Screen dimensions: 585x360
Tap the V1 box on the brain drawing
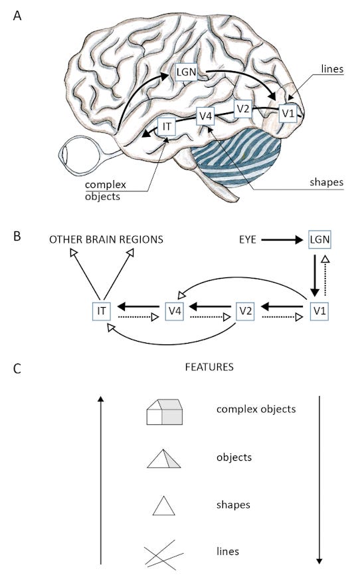click(288, 113)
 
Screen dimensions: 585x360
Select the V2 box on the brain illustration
click(243, 109)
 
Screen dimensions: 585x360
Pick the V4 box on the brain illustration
click(206, 116)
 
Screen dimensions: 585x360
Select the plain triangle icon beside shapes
click(163, 506)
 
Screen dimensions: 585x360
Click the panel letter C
click(17, 367)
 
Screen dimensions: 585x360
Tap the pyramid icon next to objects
click(163, 459)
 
